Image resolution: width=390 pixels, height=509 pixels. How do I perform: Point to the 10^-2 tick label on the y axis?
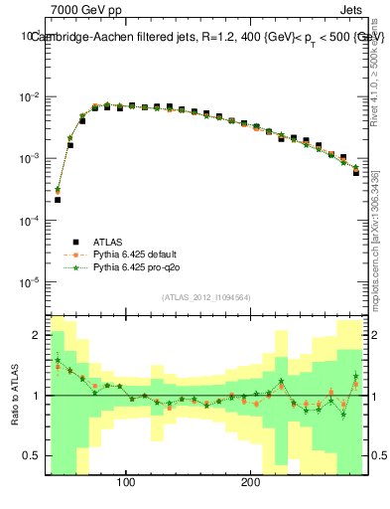tap(30, 96)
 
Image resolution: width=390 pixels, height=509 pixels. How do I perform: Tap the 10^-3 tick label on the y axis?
tap(30, 158)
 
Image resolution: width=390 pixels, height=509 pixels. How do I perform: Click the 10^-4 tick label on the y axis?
tap(30, 221)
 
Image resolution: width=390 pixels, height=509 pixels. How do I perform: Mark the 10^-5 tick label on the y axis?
tap(30, 282)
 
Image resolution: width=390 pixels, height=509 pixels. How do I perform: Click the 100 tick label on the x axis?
tap(126, 484)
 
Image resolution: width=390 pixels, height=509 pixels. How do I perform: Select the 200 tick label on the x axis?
tap(250, 484)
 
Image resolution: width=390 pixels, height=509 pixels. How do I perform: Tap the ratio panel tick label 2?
tap(36, 335)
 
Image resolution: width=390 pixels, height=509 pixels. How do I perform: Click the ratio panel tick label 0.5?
tap(33, 456)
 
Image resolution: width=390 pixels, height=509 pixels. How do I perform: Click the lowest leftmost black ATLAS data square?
tap(58, 200)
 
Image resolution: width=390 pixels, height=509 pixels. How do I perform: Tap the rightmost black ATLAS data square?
tap(356, 172)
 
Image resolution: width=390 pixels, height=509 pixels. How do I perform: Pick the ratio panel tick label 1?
tap(36, 396)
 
